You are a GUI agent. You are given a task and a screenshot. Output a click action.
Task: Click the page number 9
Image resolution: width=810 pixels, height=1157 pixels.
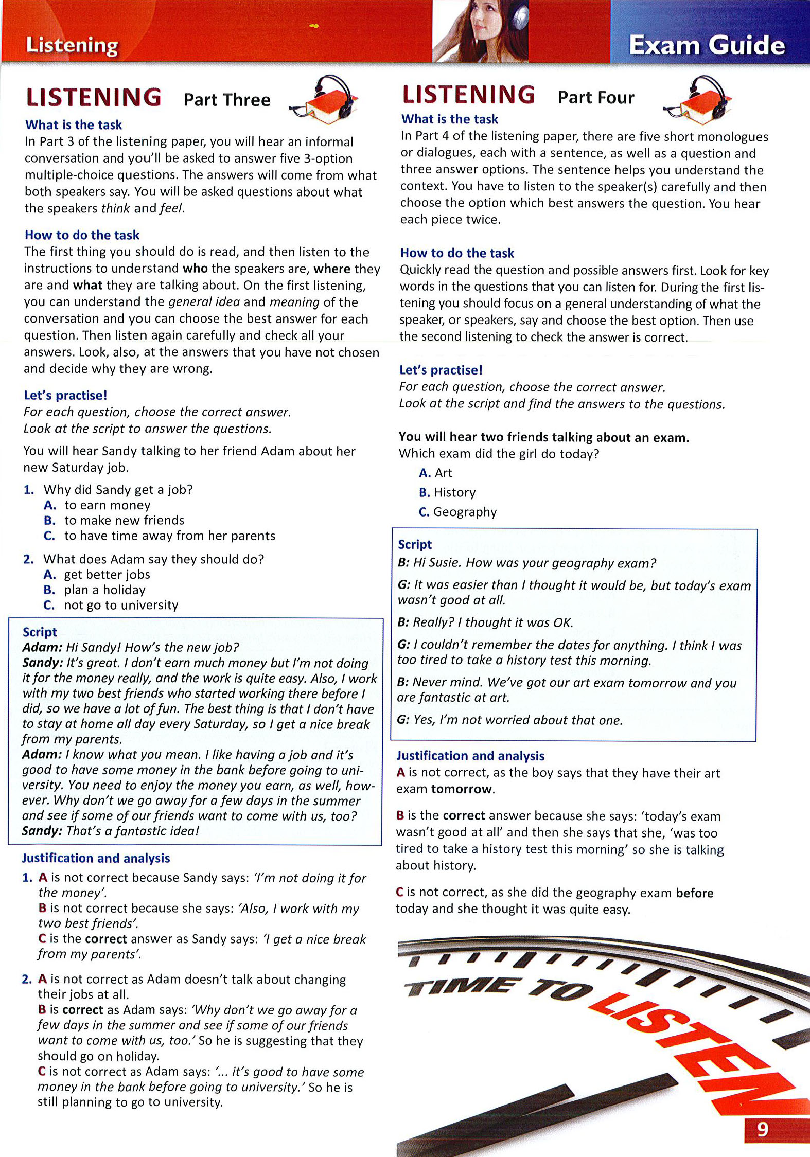pyautogui.click(x=763, y=1129)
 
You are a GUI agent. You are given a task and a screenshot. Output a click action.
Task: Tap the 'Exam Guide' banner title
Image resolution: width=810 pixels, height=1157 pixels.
pyautogui.click(x=707, y=45)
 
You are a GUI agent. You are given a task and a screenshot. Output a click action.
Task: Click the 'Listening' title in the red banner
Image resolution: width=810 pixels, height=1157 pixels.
pyautogui.click(x=72, y=45)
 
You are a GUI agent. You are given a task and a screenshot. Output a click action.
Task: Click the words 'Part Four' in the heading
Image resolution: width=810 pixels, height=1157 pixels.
pyautogui.click(x=596, y=98)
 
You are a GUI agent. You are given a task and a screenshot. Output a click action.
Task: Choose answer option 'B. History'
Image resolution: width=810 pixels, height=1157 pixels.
pyautogui.click(x=447, y=492)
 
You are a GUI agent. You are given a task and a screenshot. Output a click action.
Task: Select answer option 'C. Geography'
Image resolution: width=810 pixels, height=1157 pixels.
pyautogui.click(x=457, y=512)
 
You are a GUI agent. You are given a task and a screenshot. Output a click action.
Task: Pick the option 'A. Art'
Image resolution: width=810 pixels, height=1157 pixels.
pyautogui.click(x=436, y=473)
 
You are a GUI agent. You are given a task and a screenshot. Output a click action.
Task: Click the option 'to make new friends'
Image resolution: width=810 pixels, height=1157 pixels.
pyautogui.click(x=124, y=520)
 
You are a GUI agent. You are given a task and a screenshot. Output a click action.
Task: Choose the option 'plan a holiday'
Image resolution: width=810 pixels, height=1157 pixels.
pyautogui.click(x=104, y=590)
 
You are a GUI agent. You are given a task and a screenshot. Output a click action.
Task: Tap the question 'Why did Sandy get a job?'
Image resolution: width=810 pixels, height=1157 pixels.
pyautogui.click(x=118, y=489)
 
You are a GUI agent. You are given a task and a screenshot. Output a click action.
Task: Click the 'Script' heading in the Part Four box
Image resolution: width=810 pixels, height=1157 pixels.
pyautogui.click(x=415, y=544)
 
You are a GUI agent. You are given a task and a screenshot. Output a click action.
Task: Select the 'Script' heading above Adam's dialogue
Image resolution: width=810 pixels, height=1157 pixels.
pyautogui.click(x=40, y=632)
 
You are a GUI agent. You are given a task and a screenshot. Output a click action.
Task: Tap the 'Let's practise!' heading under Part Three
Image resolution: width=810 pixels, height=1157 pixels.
pyautogui.click(x=66, y=395)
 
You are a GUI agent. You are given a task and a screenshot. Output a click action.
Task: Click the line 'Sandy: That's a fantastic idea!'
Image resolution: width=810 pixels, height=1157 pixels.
pyautogui.click(x=110, y=831)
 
